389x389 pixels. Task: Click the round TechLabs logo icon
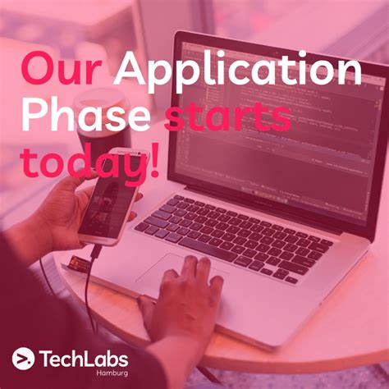pyautogui.click(x=23, y=359)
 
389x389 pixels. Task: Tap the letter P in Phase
pyautogui.click(x=33, y=118)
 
